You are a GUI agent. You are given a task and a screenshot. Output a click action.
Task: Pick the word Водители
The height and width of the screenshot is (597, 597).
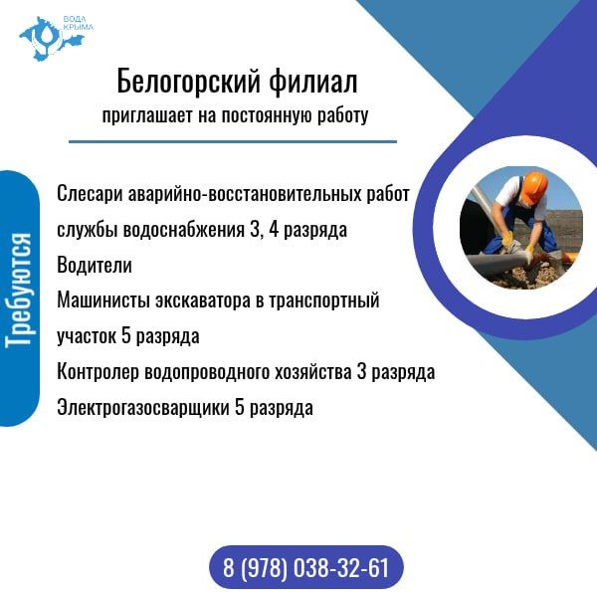click(94, 266)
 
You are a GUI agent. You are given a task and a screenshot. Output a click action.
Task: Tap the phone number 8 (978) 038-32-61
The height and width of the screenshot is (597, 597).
click(306, 569)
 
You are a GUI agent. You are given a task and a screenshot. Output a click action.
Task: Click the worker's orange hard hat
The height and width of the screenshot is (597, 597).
click(534, 185)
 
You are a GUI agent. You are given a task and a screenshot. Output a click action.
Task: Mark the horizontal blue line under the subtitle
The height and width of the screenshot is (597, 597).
click(233, 141)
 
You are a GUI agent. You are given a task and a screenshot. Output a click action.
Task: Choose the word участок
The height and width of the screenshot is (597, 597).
click(87, 336)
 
